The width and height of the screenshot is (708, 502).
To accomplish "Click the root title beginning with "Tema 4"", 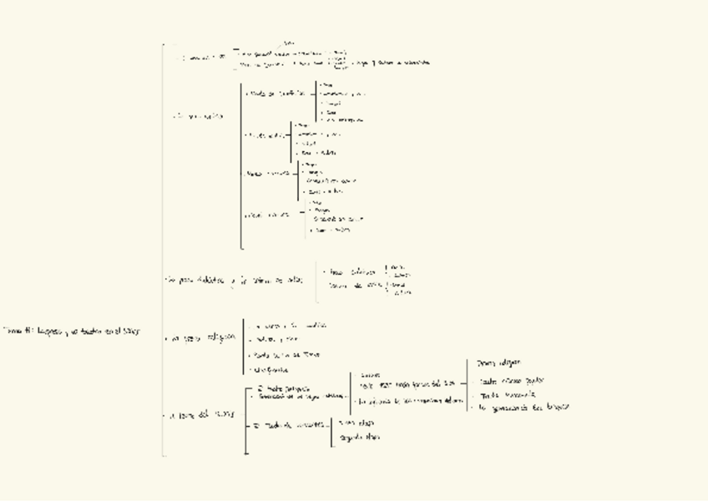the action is pos(72,331).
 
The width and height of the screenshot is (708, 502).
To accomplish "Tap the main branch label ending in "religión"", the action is pos(200,339).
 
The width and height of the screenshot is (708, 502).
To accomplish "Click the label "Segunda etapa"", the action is pos(360,437).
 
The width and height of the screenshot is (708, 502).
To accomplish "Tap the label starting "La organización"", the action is pos(523,408).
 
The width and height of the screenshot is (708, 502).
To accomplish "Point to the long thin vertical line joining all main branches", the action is pos(163,251).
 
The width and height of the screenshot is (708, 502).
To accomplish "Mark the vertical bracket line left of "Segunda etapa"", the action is pos(331,430).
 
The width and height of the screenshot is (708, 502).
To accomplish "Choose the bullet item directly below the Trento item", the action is pos(272,368).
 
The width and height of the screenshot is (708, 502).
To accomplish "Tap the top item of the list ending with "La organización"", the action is pos(499,363).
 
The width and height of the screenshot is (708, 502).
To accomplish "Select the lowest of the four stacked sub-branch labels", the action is pos(268,215).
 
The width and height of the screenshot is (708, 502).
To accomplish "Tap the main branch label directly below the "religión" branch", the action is pos(200,414).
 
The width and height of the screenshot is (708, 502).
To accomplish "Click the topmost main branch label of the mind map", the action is pos(204,58).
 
